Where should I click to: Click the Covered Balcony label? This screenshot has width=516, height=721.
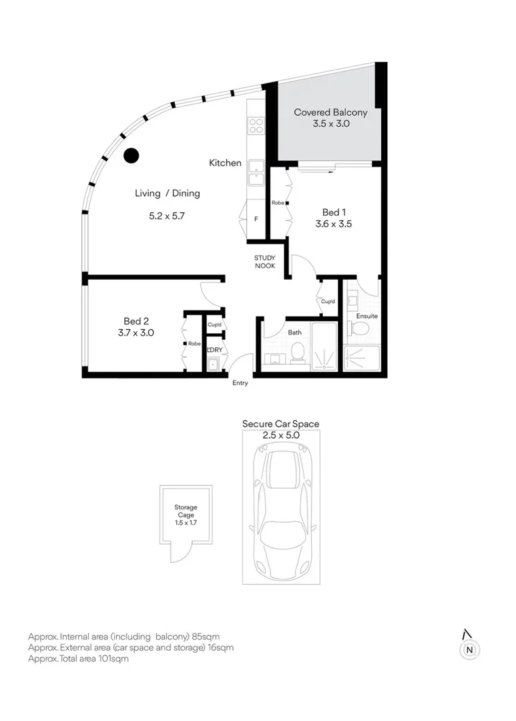point(330,113)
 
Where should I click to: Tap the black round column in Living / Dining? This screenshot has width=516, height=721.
point(132,156)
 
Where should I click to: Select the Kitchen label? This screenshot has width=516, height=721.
point(225,163)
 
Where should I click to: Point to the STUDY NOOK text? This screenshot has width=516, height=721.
point(264,262)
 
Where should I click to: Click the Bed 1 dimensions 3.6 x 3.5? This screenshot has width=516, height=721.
point(333,224)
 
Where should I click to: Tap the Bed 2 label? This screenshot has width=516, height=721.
point(136,321)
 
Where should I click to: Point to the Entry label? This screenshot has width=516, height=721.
point(240,383)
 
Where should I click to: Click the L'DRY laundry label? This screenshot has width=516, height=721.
point(214,350)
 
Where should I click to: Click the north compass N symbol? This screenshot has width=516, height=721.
point(470,649)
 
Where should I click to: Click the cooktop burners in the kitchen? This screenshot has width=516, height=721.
point(256,125)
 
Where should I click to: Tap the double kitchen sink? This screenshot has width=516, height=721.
point(256,173)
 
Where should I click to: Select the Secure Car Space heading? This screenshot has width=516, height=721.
point(280,424)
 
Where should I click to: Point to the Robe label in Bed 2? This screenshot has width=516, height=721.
point(194,344)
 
